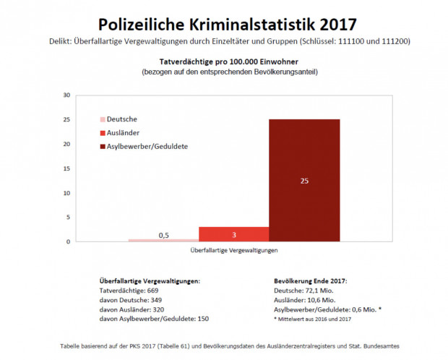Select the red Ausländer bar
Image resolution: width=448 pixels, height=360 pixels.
[x=233, y=234]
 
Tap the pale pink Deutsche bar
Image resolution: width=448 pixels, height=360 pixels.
[x=163, y=240]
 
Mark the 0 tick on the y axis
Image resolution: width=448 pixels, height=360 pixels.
[x=68, y=241]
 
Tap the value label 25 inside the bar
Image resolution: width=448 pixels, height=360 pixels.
[x=304, y=181]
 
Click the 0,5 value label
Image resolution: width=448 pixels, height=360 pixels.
[x=164, y=235]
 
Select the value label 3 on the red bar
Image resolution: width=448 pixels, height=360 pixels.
[x=233, y=234]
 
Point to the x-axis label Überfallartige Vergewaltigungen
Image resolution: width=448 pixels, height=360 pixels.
[x=233, y=250]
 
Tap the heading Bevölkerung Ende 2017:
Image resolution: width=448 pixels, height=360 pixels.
[x=311, y=279]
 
